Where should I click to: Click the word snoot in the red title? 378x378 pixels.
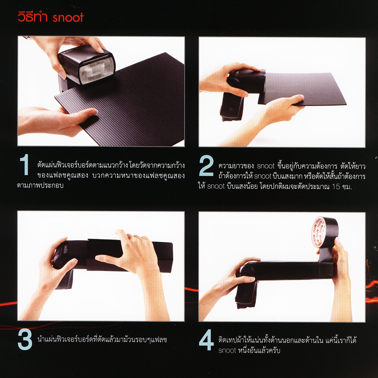(68, 18)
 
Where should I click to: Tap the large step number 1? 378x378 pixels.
(24, 165)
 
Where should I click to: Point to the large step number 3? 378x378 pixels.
(25, 340)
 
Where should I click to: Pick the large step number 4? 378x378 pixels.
(207, 340)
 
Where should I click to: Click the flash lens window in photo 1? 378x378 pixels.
(97, 70)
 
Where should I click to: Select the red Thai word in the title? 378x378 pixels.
(33, 17)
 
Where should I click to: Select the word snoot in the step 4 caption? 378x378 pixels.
(227, 351)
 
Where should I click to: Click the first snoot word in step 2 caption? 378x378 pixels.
(266, 166)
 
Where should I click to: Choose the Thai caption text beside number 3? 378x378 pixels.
(102, 340)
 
